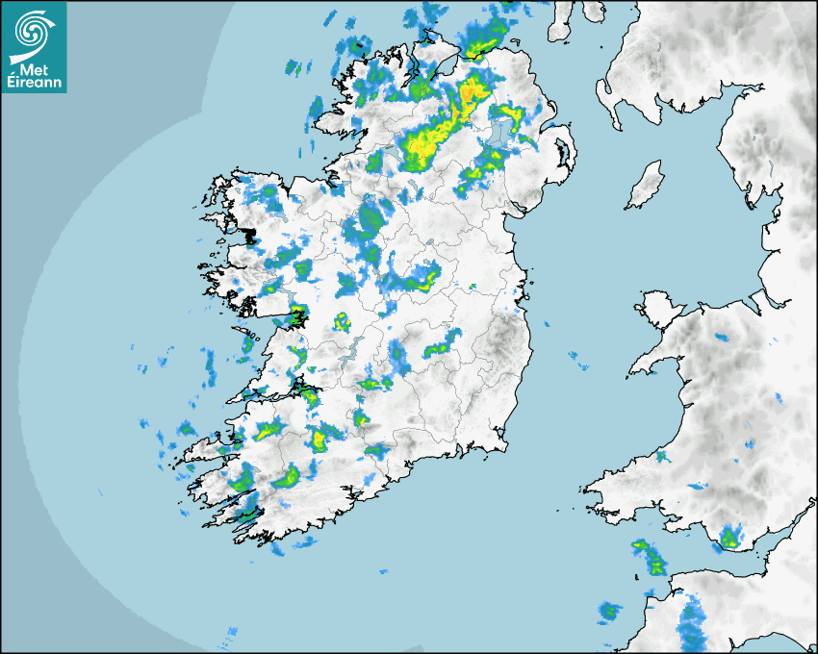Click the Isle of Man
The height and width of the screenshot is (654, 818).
646,186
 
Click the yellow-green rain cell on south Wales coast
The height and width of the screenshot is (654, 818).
731,538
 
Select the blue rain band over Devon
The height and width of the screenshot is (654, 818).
691,620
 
